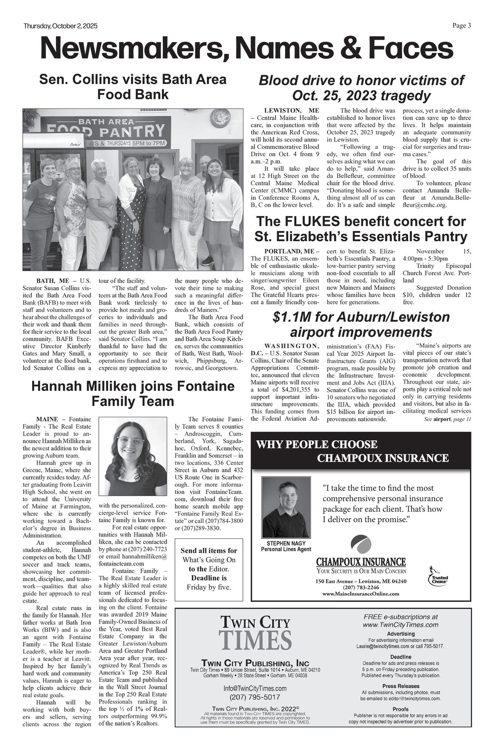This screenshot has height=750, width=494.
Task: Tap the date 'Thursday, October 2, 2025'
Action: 61,26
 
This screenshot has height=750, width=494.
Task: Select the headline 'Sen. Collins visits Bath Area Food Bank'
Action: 132,87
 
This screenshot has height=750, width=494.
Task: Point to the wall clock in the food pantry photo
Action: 220,118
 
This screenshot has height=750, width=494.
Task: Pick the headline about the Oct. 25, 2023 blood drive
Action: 361,88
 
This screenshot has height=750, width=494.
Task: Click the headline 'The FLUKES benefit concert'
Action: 361,228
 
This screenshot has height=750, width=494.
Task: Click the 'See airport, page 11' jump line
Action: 448,419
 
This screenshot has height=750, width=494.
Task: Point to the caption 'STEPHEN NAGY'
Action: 286,543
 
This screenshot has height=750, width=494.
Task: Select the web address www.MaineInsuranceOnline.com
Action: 361,593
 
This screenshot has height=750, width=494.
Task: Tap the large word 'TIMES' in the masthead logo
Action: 255,640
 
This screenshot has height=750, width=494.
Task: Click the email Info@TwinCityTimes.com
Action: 255,688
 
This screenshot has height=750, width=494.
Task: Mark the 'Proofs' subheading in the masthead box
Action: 400,709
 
